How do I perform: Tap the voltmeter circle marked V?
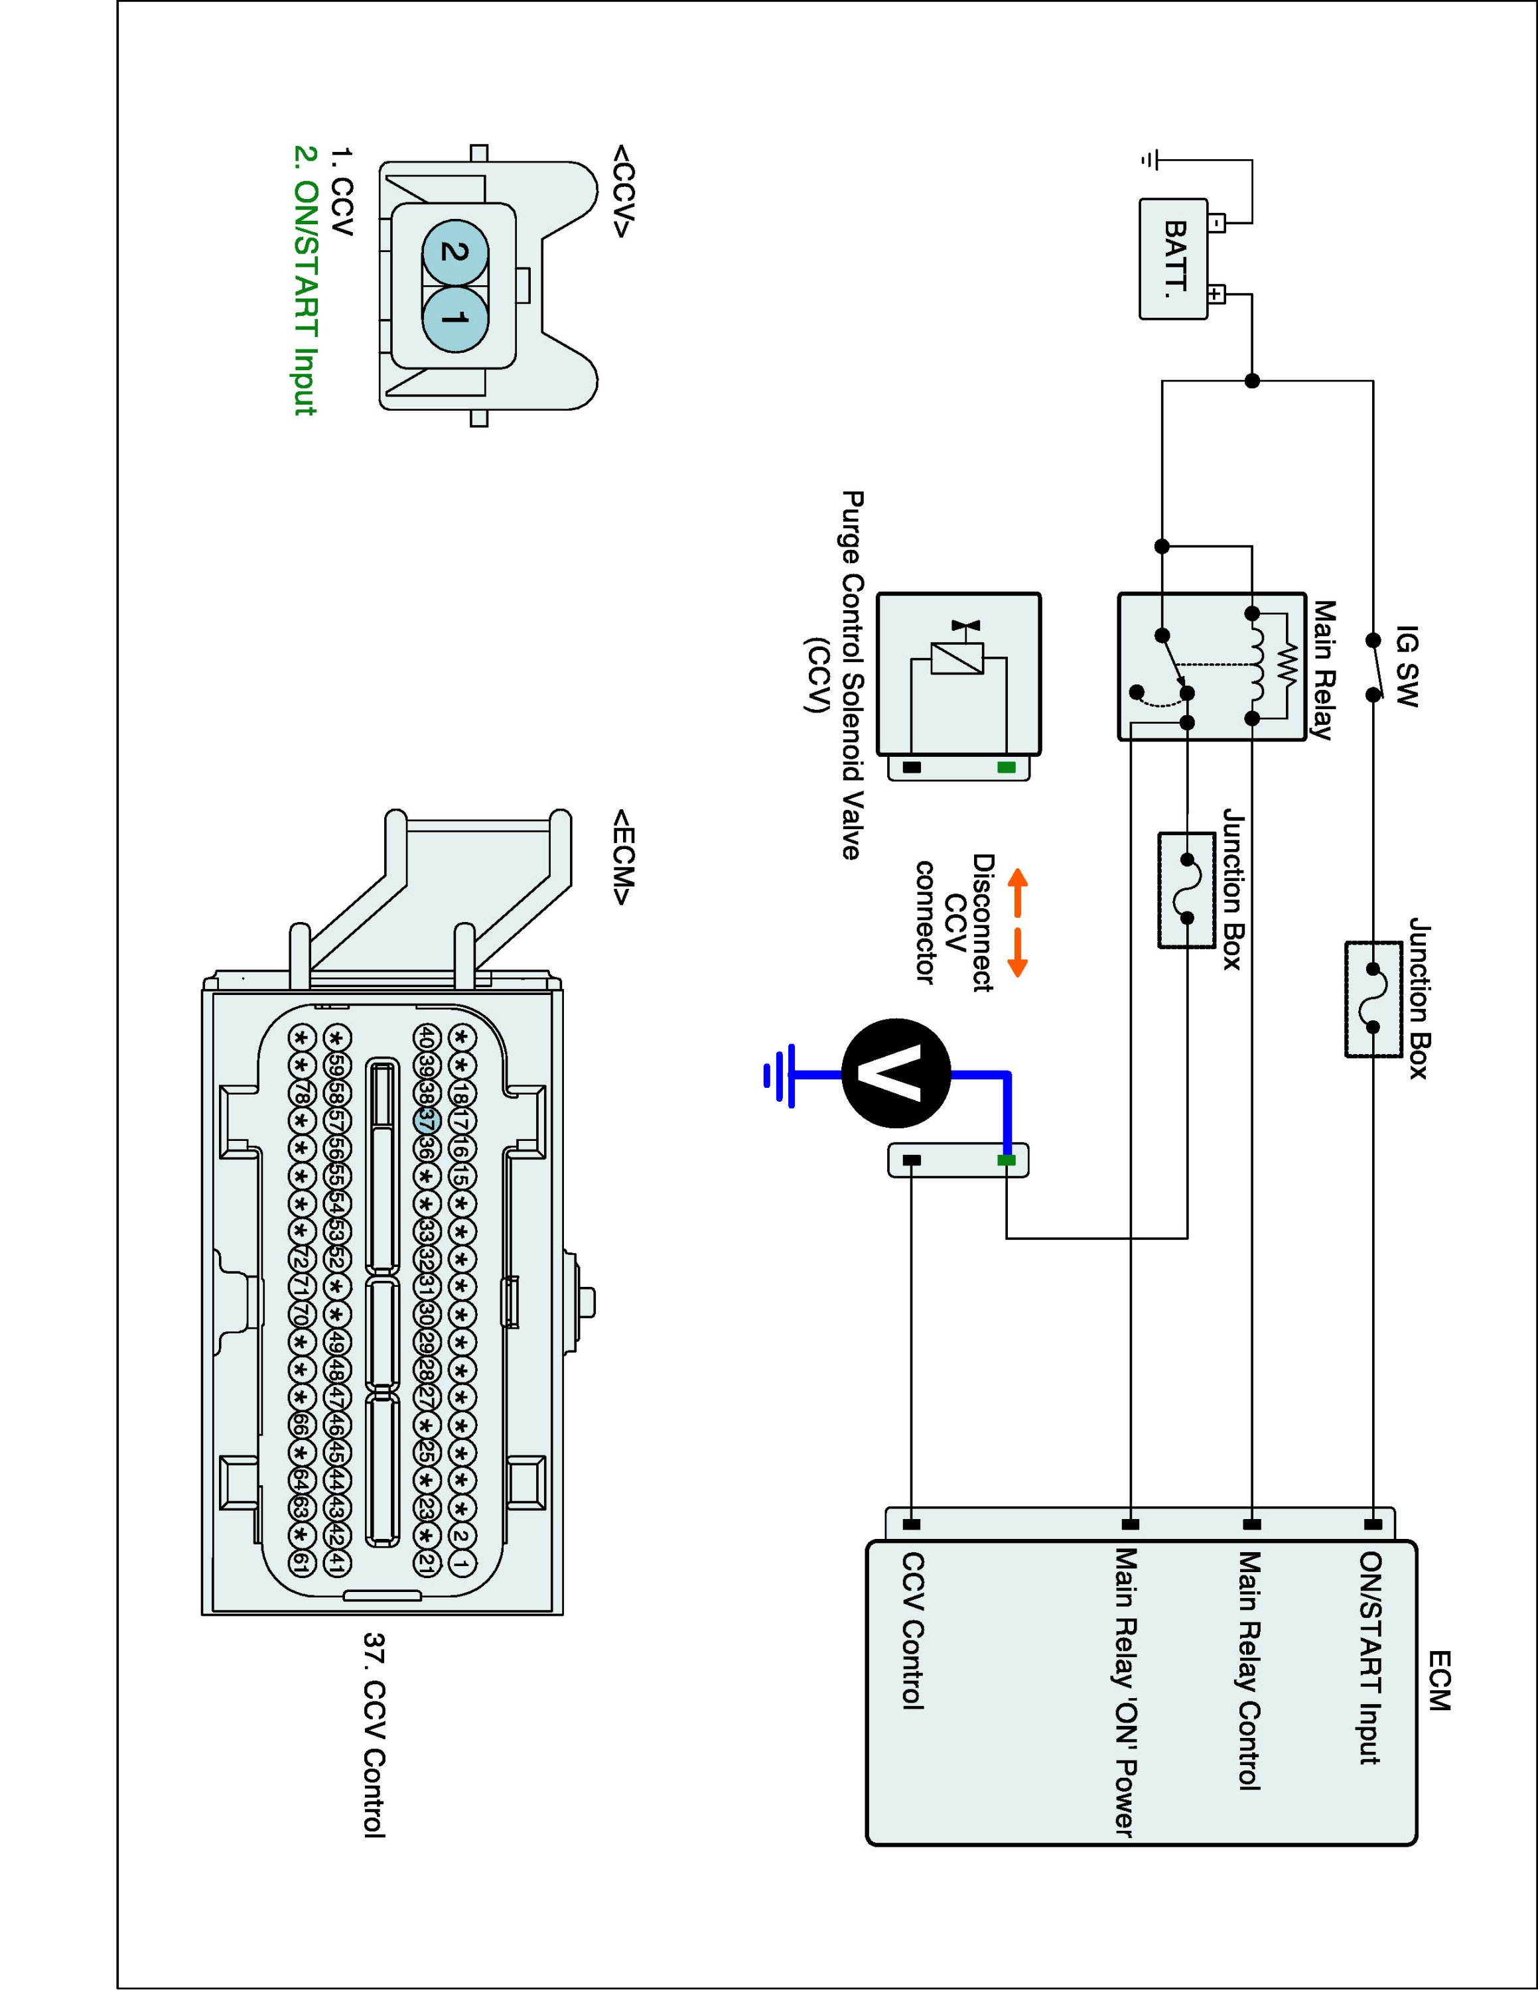pyautogui.click(x=896, y=1073)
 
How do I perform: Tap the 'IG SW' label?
pyautogui.click(x=1407, y=666)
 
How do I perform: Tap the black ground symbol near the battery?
pyautogui.click(x=1150, y=161)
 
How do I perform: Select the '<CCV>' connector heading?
pyautogui.click(x=622, y=190)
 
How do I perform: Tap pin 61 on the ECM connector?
pyautogui.click(x=300, y=1563)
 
